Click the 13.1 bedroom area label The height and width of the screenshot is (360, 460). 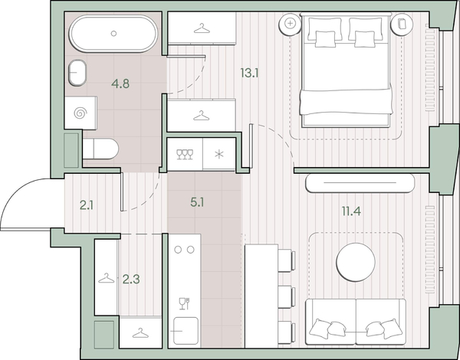click(249, 73)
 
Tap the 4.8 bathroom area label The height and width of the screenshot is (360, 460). click(120, 83)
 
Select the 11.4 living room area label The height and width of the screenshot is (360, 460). click(351, 211)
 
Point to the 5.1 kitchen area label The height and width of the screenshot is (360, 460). click(197, 202)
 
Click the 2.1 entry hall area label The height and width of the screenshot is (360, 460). click(87, 206)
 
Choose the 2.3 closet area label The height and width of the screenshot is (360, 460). click(131, 280)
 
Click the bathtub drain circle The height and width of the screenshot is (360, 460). click(113, 34)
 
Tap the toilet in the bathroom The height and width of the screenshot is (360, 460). click(100, 149)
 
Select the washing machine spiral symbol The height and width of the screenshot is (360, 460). click(80, 113)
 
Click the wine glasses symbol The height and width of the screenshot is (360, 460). click(185, 154)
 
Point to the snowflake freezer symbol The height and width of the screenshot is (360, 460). click(219, 154)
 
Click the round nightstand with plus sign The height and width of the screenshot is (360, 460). click(290, 24)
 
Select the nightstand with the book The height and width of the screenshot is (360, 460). click(401, 25)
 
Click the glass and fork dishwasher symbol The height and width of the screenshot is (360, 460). click(184, 303)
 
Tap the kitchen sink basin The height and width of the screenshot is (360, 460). click(186, 331)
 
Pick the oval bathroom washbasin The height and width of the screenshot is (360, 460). click(77, 73)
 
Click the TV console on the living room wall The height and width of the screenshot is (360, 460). click(360, 183)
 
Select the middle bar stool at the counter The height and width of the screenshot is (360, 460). click(286, 297)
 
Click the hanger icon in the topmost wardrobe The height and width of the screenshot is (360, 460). click(202, 28)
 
